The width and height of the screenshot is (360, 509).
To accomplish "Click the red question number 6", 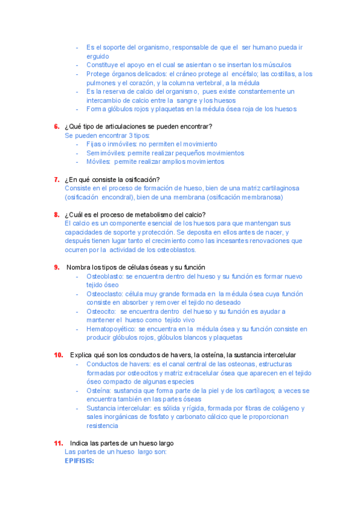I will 56,127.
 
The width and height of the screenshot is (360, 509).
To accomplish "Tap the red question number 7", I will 56,179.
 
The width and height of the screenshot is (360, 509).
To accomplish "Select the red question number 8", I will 56,215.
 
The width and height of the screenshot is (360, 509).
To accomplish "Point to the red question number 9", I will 56,267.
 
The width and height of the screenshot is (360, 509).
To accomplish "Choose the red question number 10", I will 58,355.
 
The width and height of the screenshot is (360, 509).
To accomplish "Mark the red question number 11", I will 58,443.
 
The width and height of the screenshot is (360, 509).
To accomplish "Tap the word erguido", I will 98,56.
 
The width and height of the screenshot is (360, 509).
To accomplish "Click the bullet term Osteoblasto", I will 104,276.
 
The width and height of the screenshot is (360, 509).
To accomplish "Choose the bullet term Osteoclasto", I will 104,294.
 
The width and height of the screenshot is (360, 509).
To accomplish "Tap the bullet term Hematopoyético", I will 111,329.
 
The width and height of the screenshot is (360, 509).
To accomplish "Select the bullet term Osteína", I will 99,391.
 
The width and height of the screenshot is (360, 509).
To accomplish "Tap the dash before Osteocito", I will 77,312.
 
